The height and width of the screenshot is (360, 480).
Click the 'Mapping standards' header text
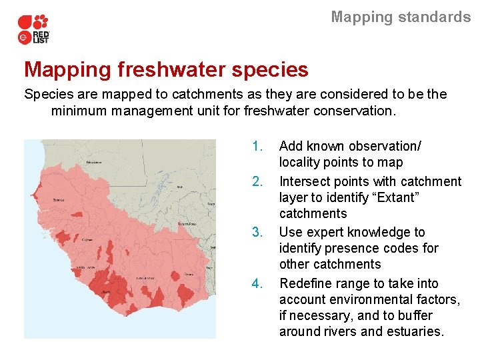[401, 17]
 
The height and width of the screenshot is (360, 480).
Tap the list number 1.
[258, 146]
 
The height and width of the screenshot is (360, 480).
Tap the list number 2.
[258, 181]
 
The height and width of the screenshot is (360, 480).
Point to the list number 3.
[258, 232]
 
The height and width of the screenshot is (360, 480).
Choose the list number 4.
[258, 283]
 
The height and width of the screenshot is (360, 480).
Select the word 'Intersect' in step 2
[304, 181]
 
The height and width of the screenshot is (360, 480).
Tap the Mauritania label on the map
[93, 162]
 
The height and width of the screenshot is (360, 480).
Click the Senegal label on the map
[59, 199]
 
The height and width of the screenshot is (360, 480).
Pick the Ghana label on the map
[189, 274]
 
